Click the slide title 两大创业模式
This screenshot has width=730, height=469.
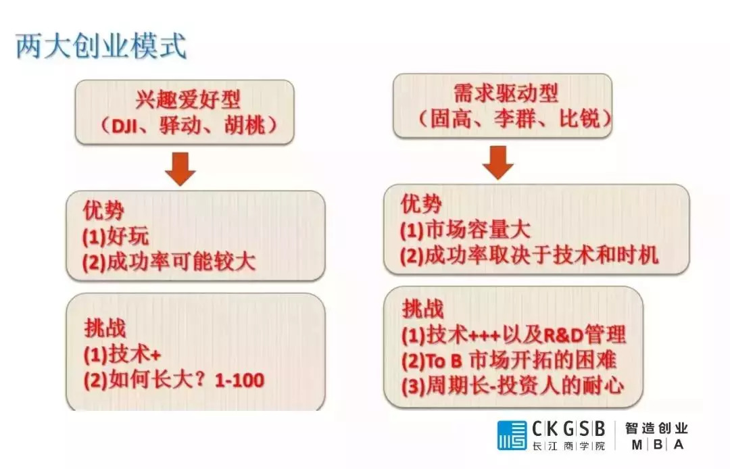[101, 46]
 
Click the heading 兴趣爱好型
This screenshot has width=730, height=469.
[189, 99]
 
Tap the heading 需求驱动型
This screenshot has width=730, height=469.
[506, 93]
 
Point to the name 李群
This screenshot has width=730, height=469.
[515, 119]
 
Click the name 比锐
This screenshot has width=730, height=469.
[580, 119]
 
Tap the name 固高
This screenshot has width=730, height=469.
[451, 119]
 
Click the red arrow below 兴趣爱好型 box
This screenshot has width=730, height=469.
[180, 169]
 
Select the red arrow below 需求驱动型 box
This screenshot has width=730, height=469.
[497, 162]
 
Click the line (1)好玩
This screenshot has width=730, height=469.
[116, 237]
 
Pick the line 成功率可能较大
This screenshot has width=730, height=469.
[182, 262]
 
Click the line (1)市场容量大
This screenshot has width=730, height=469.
[465, 230]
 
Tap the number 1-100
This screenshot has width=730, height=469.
[240, 380]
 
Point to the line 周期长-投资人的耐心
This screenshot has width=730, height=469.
[525, 386]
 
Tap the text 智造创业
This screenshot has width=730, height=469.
[656, 428]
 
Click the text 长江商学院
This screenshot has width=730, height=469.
[568, 446]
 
